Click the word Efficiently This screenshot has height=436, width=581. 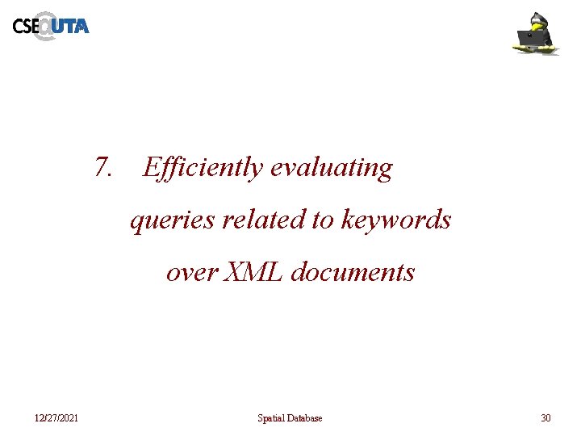[203, 168]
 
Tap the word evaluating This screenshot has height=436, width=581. [332, 168]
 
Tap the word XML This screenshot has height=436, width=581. [252, 272]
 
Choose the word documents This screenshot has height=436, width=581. [353, 272]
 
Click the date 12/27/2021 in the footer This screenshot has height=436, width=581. [56, 418]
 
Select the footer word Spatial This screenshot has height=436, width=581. [271, 418]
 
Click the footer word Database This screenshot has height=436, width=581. [305, 418]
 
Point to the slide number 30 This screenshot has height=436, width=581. [545, 418]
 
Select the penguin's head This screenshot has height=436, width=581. [538, 20]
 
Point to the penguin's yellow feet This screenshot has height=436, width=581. [536, 50]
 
